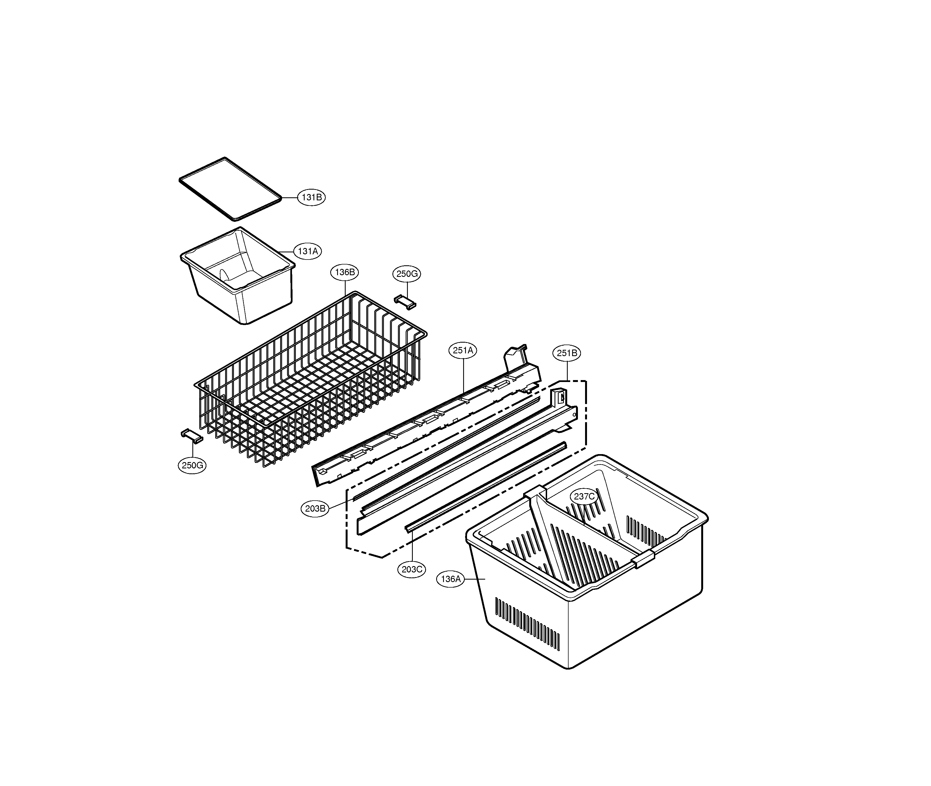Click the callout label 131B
[x=311, y=197]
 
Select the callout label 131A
[x=307, y=251]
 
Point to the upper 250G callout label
[x=407, y=274]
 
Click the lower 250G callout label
[x=192, y=465]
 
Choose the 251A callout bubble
[x=463, y=350]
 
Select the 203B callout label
[x=315, y=508]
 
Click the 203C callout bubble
[x=412, y=569]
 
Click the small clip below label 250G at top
[x=405, y=302]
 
